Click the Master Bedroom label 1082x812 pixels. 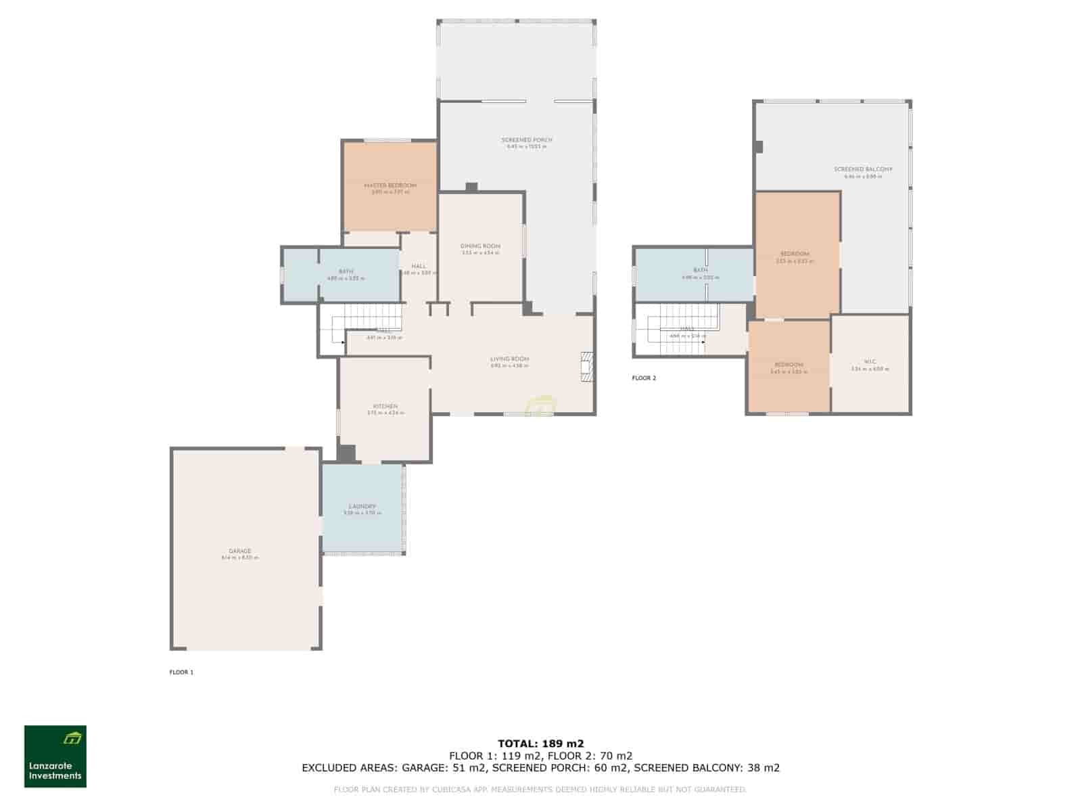[390, 185]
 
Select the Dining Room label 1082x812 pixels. [480, 246]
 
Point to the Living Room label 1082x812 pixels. [509, 359]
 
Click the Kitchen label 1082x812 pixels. [385, 407]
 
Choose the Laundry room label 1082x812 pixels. [362, 507]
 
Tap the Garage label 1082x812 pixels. [240, 551]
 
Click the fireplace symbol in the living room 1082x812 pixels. [586, 367]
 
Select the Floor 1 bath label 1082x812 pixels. [346, 271]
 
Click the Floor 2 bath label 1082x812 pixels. [701, 270]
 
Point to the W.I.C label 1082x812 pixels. [870, 361]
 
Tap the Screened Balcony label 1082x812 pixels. [863, 169]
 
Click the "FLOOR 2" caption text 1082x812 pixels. [644, 378]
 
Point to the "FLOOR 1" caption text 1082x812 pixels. [181, 672]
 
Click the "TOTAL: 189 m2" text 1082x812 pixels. [540, 743]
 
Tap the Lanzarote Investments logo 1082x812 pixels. [55, 757]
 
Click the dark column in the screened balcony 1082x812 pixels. [759, 146]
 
